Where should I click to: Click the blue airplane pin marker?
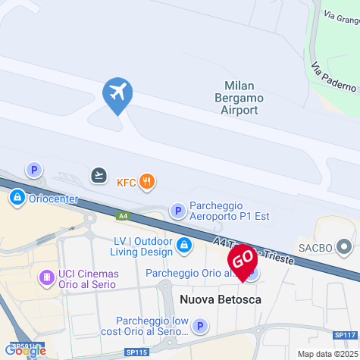117,95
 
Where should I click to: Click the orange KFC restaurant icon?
147,181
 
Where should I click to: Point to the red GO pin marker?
243,262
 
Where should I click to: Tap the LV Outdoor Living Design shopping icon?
184,245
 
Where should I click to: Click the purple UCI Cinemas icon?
47,279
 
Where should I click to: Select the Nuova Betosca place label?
221,300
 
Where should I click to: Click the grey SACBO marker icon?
345,247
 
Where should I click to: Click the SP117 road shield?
344,335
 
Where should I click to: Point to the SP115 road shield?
136,352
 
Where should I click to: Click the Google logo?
24,350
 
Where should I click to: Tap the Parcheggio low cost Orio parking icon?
199,327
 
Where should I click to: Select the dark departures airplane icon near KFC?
99,176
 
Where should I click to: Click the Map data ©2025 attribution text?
327,354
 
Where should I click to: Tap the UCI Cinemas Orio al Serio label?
89,279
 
